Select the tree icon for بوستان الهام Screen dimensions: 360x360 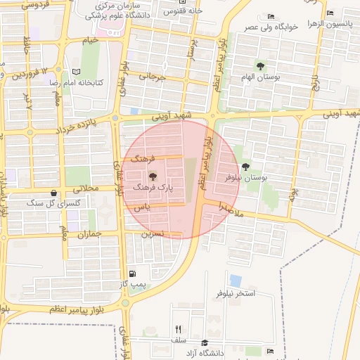point(261,67)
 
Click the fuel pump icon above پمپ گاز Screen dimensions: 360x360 point(132,274)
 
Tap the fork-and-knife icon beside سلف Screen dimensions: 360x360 point(178,329)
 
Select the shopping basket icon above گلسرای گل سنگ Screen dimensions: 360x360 point(53,193)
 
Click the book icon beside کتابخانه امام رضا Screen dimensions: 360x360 point(77,72)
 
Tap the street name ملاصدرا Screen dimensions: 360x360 point(230,208)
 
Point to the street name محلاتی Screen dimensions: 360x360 point(89,188)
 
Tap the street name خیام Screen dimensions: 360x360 point(90,41)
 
